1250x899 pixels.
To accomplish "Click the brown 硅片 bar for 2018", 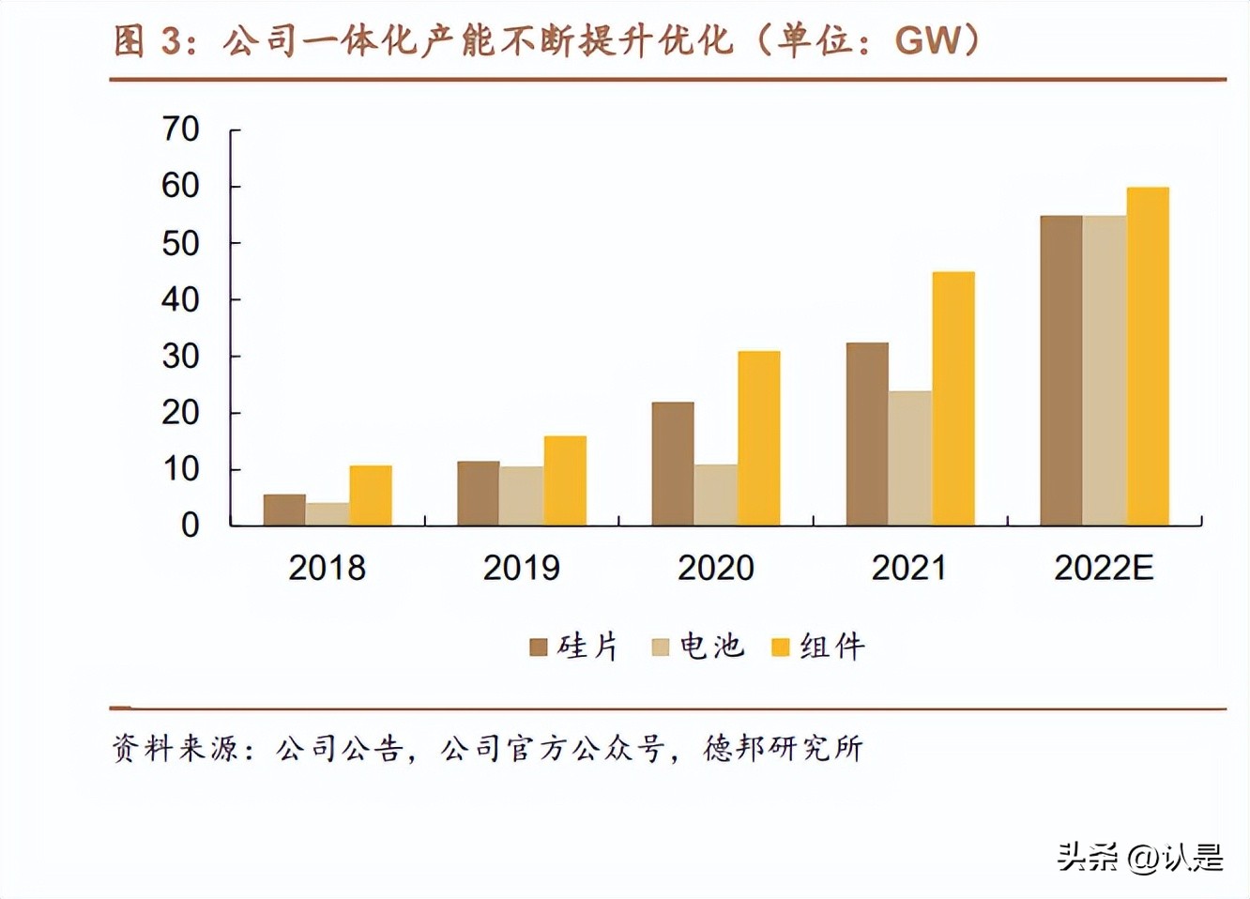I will pyautogui.click(x=284, y=510).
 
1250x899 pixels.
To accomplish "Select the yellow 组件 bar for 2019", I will pyautogui.click(x=565, y=480).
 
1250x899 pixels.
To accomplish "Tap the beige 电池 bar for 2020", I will pyautogui.click(x=716, y=495).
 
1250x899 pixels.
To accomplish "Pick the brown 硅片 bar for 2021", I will pyautogui.click(x=867, y=434).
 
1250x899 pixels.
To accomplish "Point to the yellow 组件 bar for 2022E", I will pyautogui.click(x=1148, y=357).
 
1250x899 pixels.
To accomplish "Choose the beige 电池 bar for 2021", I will pyautogui.click(x=910, y=458).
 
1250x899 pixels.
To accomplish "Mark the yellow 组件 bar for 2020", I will pyautogui.click(x=759, y=438).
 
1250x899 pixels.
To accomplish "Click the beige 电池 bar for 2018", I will pyautogui.click(x=328, y=514).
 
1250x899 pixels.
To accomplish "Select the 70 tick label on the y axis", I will pyautogui.click(x=180, y=130).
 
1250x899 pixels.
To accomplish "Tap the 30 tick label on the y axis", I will pyautogui.click(x=180, y=357).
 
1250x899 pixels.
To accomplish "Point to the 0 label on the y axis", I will pyautogui.click(x=191, y=526).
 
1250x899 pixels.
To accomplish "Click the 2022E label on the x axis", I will pyautogui.click(x=1104, y=568).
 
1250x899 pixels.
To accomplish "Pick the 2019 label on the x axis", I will pyautogui.click(x=522, y=568).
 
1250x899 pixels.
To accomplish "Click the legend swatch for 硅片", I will pyautogui.click(x=539, y=648).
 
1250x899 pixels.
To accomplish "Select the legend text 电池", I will pyautogui.click(x=712, y=647).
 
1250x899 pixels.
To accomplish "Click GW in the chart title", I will pyautogui.click(x=929, y=40).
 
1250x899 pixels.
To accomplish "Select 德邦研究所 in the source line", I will pyautogui.click(x=784, y=748).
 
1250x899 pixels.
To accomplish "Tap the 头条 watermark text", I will pyautogui.click(x=1089, y=857).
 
